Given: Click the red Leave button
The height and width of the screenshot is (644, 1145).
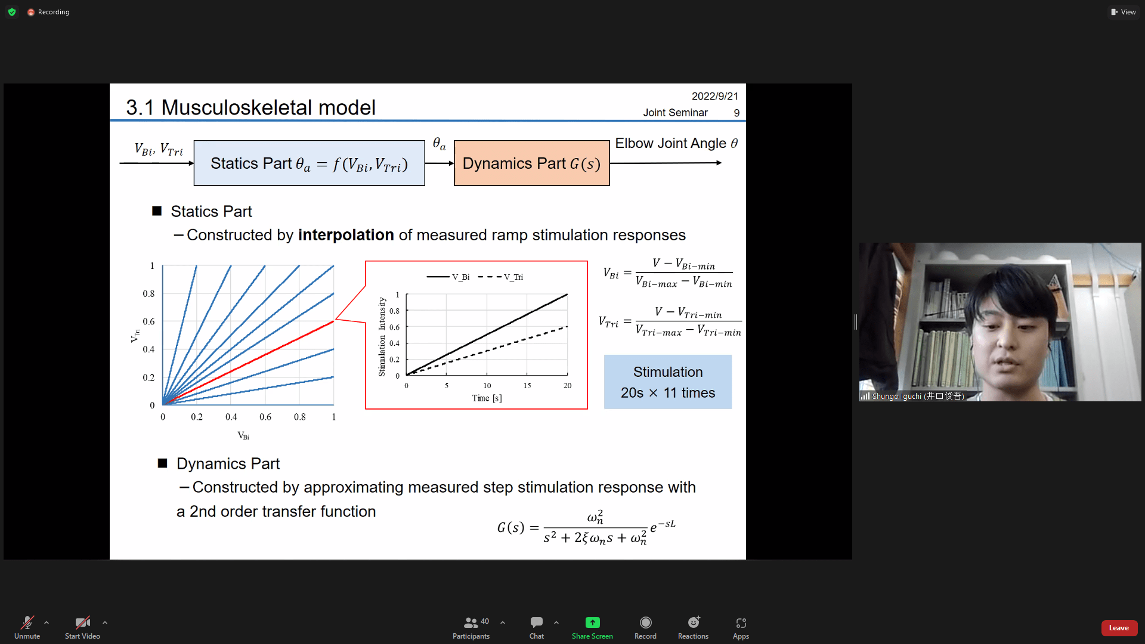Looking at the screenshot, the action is pos(1119,628).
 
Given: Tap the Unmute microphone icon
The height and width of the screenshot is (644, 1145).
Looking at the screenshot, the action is pos(27,623).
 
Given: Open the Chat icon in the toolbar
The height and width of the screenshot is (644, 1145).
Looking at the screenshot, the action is pos(537,623).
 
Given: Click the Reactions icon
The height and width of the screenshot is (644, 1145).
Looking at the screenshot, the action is pos(694,623).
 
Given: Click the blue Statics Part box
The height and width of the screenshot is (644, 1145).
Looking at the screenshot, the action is pos(310,163).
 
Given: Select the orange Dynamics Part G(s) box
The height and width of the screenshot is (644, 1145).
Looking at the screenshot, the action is pos(532,163).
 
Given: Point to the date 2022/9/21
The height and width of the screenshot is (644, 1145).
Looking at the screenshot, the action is pos(715,97).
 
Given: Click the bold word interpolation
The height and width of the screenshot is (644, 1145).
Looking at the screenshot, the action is pos(346,235).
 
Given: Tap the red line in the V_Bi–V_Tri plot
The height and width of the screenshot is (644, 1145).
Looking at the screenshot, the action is pos(248,363).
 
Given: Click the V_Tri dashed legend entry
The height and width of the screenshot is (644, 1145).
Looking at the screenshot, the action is pos(501,277).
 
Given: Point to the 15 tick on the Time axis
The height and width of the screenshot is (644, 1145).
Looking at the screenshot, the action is pos(527,386).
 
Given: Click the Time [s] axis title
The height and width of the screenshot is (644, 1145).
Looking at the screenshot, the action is pos(487,398).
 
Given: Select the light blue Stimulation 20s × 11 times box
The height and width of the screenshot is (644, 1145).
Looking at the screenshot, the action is pos(668,382).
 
